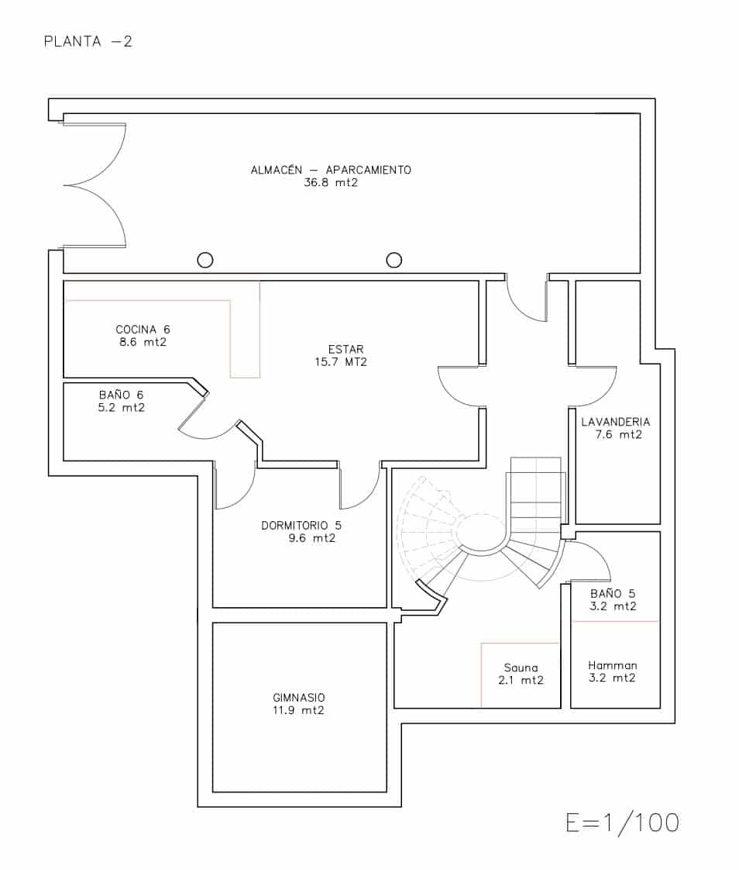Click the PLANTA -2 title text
[x=88, y=41]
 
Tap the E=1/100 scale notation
[x=622, y=823]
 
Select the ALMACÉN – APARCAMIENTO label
[x=331, y=170]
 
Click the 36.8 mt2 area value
[x=331, y=184]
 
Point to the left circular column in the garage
[x=205, y=260]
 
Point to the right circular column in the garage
[x=394, y=260]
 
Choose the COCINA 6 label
[x=143, y=329]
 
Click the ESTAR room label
[x=345, y=349]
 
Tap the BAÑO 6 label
[x=121, y=395]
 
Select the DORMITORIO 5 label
[x=301, y=525]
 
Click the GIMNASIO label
[x=298, y=697]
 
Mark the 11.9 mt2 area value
[x=298, y=709]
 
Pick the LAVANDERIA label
[x=616, y=422]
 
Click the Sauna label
[x=520, y=668]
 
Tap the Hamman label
[x=612, y=665]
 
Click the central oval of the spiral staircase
[x=482, y=533]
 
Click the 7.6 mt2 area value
[x=618, y=434]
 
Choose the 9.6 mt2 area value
[x=311, y=537]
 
